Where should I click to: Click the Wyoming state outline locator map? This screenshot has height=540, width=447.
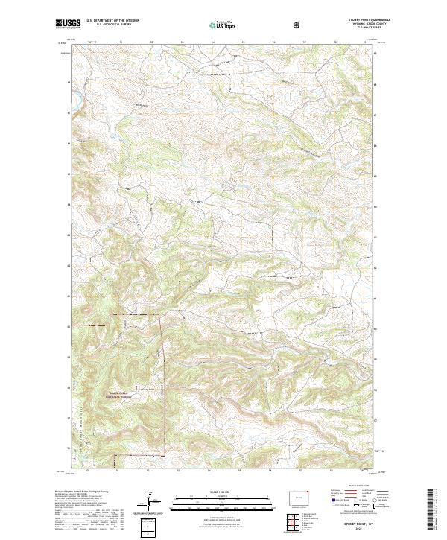[297, 497]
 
